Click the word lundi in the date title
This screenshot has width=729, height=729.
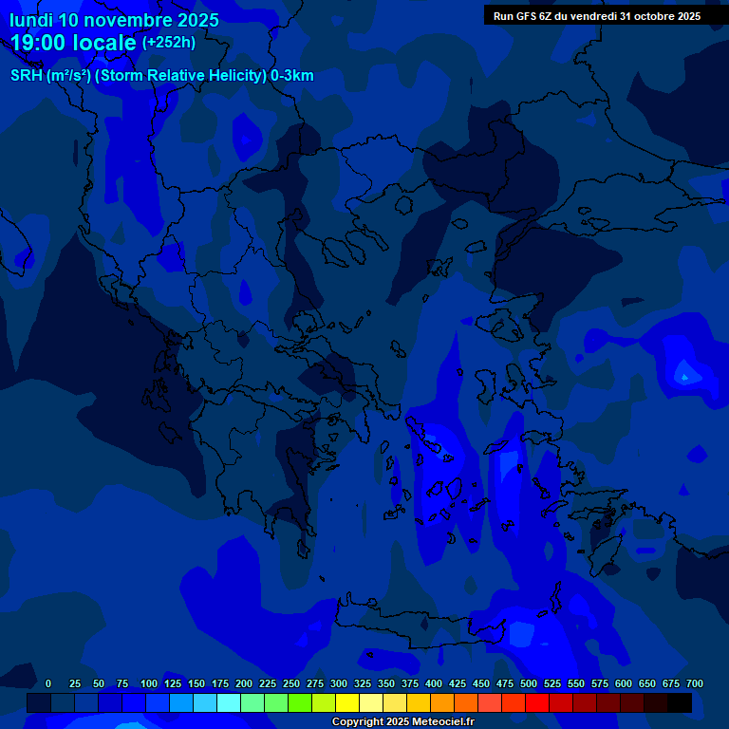31,20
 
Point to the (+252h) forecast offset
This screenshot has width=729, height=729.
169,43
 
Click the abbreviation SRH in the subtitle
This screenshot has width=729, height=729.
27,76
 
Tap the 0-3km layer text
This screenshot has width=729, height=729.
292,76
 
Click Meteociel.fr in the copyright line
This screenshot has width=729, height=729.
439,722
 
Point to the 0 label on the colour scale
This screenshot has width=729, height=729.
48,683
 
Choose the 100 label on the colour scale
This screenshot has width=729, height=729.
149,683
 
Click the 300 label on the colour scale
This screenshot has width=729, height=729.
339,683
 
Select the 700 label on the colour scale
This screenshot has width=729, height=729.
694,683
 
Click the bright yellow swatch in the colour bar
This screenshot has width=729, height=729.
347,702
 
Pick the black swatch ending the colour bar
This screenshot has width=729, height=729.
680,702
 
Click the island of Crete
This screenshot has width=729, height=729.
418,631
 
